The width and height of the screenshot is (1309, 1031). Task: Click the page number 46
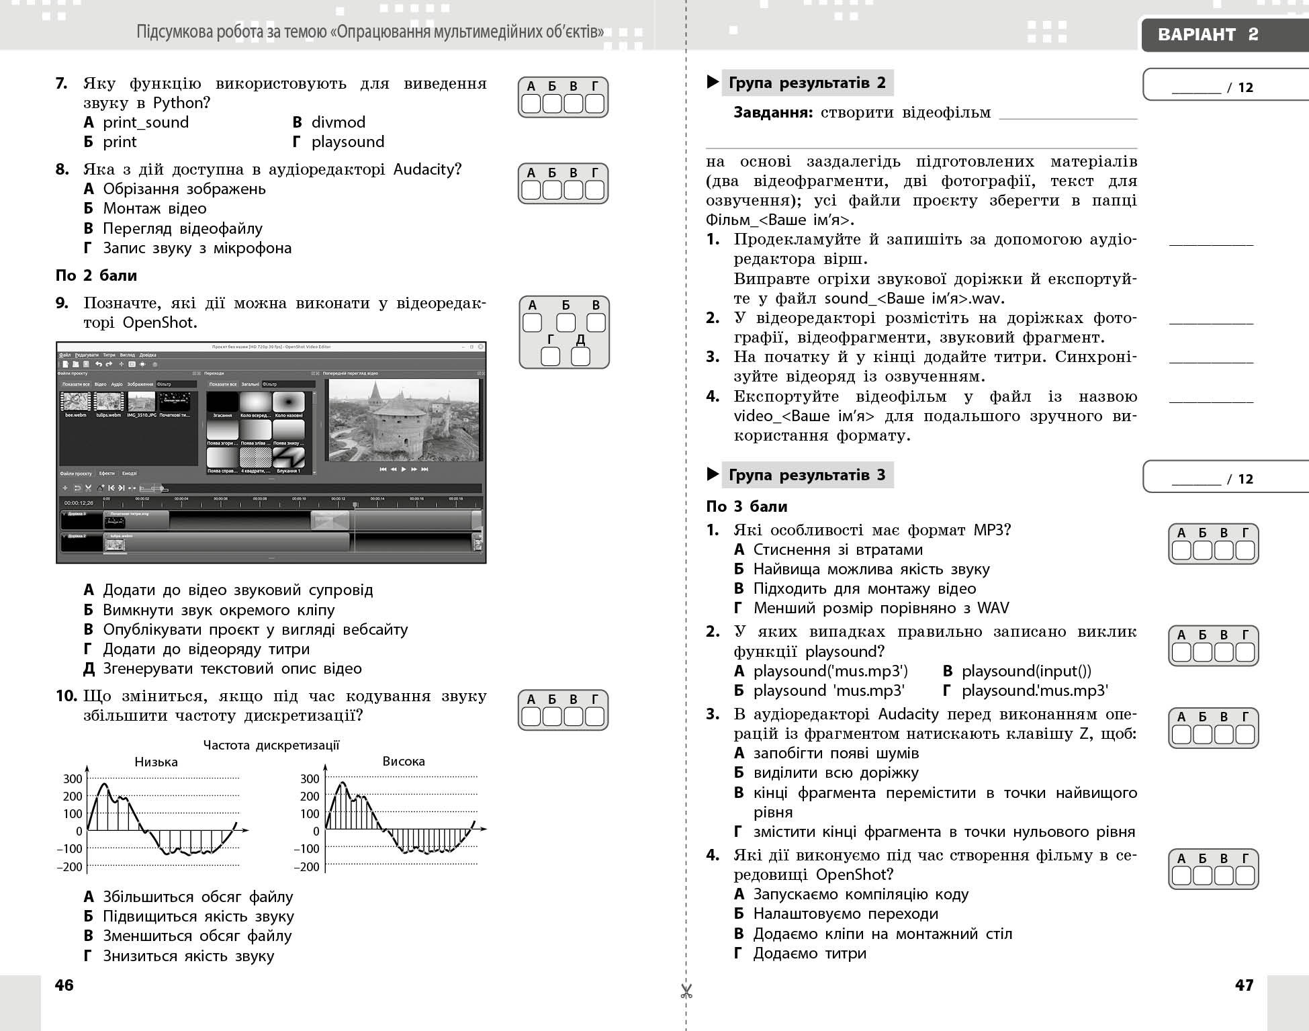tap(64, 985)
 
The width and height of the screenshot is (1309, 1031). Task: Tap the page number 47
tap(1244, 985)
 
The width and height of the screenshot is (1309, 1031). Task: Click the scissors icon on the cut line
tap(686, 991)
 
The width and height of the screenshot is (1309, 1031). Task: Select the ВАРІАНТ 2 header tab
tap(1208, 35)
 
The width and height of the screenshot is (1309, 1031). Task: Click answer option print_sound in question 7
tap(145, 122)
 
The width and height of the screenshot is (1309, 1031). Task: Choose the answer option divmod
tap(338, 122)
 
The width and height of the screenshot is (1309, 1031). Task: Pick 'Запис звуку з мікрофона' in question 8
tap(197, 248)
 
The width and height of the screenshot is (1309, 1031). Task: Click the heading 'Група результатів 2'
tap(807, 83)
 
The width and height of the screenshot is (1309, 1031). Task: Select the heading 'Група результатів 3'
tap(807, 475)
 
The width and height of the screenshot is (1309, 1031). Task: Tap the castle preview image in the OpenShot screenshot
tap(404, 419)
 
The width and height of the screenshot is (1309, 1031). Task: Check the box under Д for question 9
tap(580, 357)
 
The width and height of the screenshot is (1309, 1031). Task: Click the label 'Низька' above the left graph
tap(156, 762)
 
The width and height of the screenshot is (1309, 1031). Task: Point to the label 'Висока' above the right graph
tap(404, 761)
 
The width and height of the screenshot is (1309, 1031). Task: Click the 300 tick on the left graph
tap(73, 779)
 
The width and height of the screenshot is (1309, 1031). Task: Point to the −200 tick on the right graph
tap(306, 866)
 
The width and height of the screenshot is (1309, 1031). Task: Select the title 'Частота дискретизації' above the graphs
tap(271, 745)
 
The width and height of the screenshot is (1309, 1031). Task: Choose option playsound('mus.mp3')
tap(830, 671)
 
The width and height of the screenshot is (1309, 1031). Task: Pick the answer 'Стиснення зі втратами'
tap(838, 549)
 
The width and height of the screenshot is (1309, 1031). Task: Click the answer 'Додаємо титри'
tap(809, 953)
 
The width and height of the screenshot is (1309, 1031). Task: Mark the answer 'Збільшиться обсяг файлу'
tap(197, 897)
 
